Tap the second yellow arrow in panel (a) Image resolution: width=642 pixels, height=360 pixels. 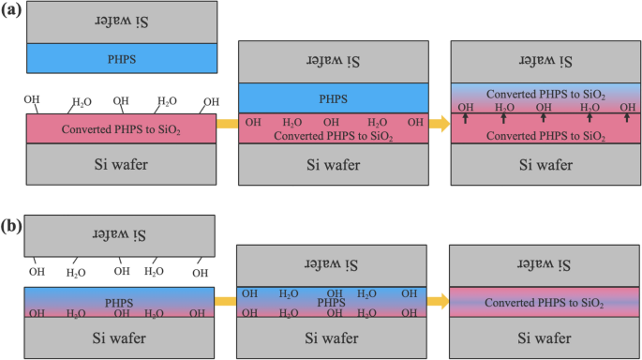439,123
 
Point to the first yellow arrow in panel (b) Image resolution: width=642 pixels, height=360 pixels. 225,302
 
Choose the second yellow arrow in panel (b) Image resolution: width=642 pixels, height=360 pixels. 439,302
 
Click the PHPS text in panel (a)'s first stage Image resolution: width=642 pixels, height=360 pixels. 121,56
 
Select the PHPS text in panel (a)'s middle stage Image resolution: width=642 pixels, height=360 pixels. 333,97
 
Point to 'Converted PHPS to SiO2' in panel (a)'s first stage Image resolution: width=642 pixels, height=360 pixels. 121,128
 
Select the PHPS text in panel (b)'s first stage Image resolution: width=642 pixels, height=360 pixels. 121,303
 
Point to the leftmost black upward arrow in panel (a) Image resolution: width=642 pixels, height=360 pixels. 465,119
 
